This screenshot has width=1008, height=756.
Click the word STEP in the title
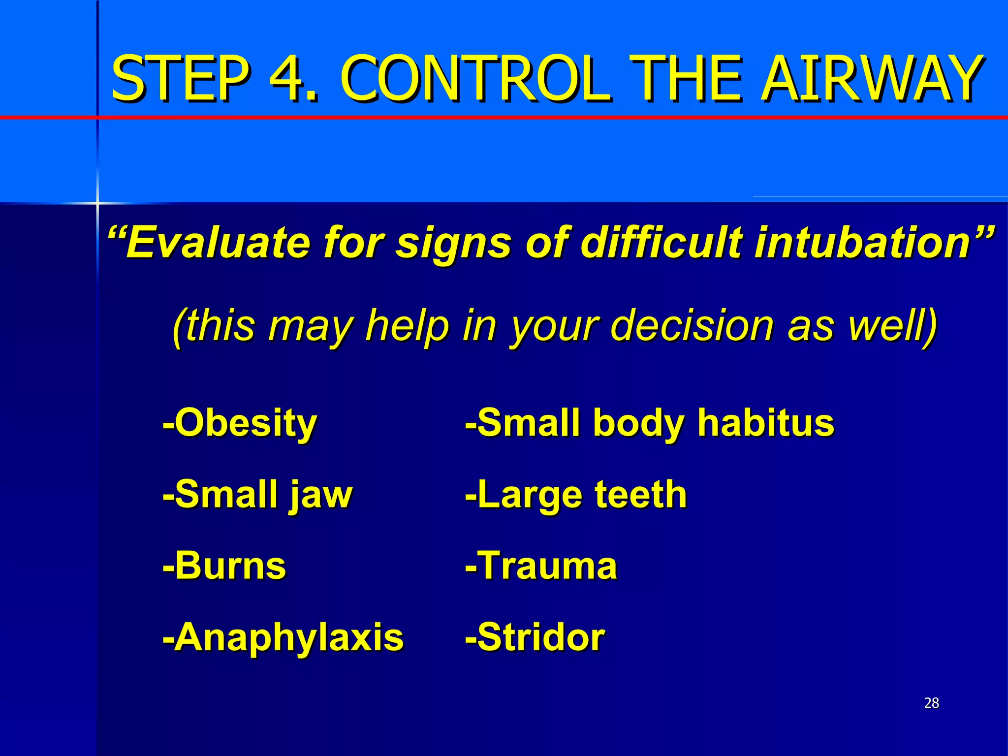180,79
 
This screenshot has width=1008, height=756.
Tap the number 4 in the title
293,79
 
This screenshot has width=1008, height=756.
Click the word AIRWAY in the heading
871,79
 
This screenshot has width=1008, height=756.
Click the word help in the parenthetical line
407,326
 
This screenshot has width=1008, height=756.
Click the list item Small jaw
258,495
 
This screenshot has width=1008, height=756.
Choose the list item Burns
224,566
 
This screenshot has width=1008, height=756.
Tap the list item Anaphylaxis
283,638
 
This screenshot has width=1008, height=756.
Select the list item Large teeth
576,495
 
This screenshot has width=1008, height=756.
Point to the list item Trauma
541,566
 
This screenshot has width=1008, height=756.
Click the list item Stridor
535,638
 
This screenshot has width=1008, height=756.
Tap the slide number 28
931,703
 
